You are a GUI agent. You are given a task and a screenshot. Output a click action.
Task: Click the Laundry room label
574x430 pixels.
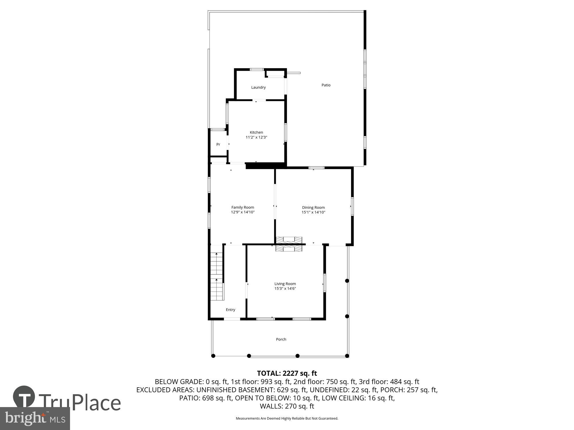point(258,87)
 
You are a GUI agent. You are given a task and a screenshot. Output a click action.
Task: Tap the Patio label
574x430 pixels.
point(326,85)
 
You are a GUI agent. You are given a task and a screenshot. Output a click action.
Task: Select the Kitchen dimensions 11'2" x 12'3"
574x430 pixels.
point(256,137)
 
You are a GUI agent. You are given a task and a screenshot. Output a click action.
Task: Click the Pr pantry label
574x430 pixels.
point(218,144)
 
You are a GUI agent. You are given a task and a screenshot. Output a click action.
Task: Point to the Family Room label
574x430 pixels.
point(243,207)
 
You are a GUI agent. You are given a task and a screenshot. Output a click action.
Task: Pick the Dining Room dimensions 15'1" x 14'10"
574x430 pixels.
point(313,212)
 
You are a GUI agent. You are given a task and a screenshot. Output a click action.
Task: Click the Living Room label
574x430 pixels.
point(285,284)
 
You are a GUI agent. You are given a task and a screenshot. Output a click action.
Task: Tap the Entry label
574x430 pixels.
point(230,310)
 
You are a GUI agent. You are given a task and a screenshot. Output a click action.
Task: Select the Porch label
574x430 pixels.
point(281,339)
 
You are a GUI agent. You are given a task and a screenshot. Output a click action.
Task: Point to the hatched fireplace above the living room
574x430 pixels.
point(289,244)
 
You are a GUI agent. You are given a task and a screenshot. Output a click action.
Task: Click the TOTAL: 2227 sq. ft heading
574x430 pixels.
point(287,373)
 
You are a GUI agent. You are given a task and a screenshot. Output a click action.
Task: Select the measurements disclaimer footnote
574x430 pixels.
point(287,419)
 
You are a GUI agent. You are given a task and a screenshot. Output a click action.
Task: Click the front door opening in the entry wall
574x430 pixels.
point(232,319)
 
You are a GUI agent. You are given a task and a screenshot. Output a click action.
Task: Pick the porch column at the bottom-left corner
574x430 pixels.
point(213,356)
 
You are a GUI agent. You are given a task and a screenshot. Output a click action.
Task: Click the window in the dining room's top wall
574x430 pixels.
point(316,168)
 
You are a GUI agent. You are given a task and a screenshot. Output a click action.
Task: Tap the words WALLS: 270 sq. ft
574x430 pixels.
point(287,406)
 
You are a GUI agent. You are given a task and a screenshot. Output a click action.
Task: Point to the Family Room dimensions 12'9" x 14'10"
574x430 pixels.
point(243,212)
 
